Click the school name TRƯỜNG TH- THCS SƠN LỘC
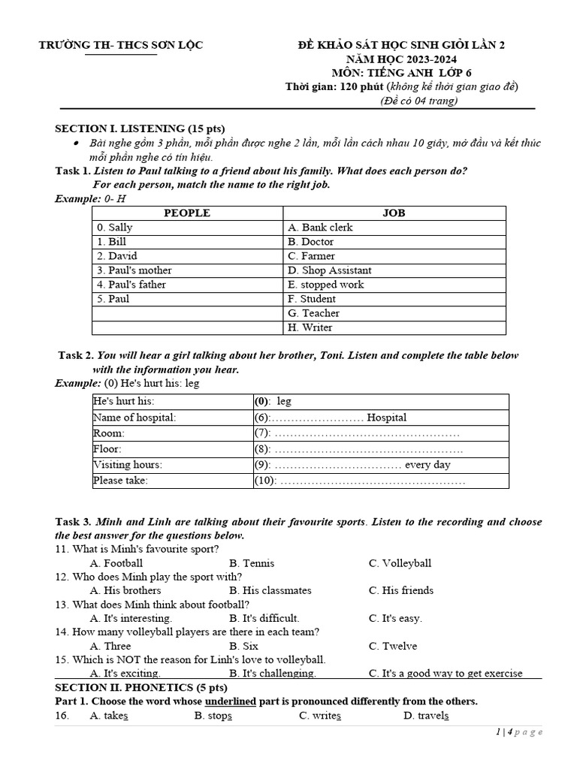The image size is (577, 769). coord(121,46)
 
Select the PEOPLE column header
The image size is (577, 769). coord(186,213)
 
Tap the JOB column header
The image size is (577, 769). coord(394,213)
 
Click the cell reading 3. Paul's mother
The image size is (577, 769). coord(134,270)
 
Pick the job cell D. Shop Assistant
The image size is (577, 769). coord(329,270)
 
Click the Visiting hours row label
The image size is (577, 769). coord(128,465)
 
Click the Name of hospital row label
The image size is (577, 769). coord(134,418)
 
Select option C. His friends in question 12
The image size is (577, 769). coord(400,590)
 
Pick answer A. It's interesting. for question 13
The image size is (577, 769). coord(131,618)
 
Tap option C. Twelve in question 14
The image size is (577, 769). coord(392,646)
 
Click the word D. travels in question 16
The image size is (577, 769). coord(426,716)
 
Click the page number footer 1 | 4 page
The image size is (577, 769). coord(518,732)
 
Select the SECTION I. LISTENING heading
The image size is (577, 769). coord(140,128)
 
